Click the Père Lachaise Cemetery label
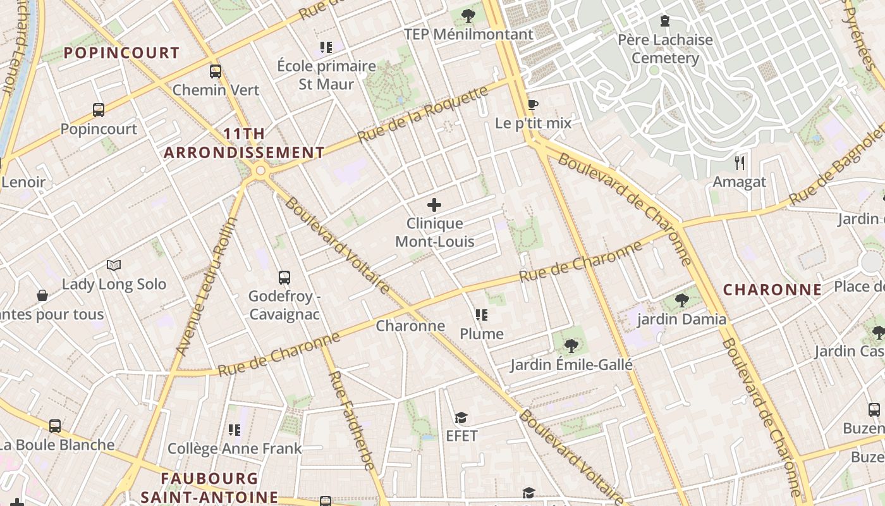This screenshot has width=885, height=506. [x=665, y=49]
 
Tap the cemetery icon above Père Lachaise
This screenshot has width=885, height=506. [x=664, y=22]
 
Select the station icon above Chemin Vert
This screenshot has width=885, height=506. [x=216, y=71]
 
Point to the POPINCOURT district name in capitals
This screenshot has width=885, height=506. [x=122, y=52]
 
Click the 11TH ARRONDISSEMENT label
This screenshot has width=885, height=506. [x=244, y=144]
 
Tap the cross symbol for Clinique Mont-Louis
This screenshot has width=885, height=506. [x=434, y=205]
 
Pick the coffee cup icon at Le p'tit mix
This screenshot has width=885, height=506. [x=533, y=104]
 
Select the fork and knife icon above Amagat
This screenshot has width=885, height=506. [x=740, y=163]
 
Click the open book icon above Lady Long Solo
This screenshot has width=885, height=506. [x=114, y=265]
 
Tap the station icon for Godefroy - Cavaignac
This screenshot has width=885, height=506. [x=284, y=277]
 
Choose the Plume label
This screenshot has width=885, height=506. [x=482, y=334]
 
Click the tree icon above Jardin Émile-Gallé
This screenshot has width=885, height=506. [x=571, y=345]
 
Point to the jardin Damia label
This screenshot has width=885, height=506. [x=681, y=319]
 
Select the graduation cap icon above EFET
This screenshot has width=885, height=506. [x=461, y=417]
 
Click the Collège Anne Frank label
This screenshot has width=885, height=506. [x=235, y=449]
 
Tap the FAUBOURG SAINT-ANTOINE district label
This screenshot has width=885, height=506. [x=209, y=488]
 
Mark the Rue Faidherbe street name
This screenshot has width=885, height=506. [x=351, y=420]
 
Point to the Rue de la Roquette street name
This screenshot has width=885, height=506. [x=423, y=114]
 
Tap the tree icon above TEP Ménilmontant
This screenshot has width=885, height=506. [x=468, y=16]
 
